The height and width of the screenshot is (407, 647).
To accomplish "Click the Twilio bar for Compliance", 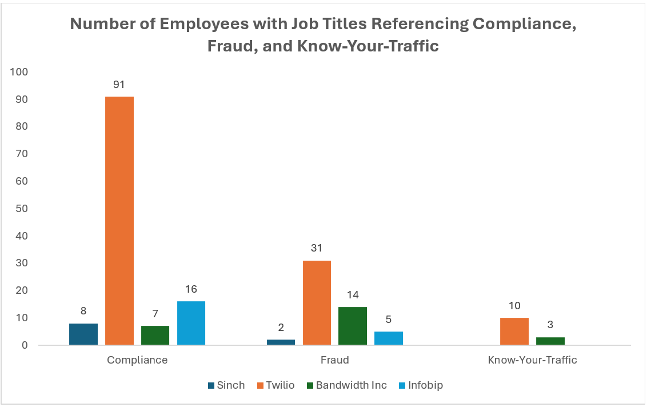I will [119, 221].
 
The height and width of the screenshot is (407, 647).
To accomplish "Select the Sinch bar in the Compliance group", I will [83, 334].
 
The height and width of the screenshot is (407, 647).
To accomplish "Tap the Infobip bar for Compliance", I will [191, 323].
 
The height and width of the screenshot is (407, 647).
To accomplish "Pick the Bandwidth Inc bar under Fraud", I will [353, 326].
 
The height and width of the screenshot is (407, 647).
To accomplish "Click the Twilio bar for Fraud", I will [317, 302].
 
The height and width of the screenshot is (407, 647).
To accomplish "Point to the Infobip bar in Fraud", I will [389, 338].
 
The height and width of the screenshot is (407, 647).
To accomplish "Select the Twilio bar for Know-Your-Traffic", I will [514, 332].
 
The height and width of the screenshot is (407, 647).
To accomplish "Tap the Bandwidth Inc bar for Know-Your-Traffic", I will [550, 341].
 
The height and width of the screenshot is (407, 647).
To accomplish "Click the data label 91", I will [119, 85].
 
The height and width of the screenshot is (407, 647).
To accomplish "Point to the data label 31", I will [317, 248].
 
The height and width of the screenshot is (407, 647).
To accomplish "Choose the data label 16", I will [191, 289].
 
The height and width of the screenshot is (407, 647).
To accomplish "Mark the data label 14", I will [353, 295].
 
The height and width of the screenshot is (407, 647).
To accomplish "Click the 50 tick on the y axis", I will [22, 209].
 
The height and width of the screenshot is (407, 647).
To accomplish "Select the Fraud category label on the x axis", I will [334, 360].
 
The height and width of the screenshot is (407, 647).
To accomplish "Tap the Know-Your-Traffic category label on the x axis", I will [532, 360].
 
